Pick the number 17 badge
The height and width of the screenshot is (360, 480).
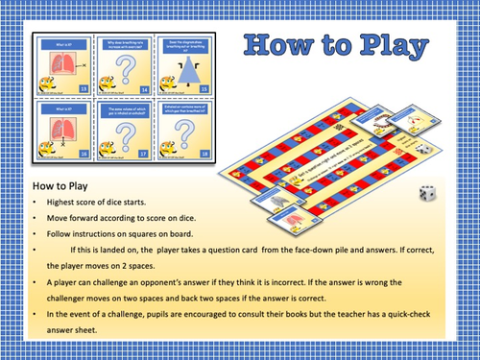tap(142, 151)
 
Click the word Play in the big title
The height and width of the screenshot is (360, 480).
tap(378, 48)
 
